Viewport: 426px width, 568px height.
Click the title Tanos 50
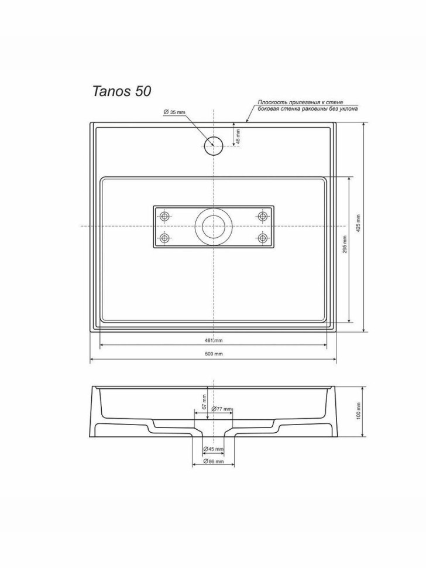122,91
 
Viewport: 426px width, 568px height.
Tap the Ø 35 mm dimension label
174,111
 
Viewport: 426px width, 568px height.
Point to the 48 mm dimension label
238,136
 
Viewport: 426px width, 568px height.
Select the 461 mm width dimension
213,340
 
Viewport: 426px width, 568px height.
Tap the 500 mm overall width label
213,354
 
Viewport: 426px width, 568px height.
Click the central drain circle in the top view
213,226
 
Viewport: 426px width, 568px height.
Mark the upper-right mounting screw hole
262,217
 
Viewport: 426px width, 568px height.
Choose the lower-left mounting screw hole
165,238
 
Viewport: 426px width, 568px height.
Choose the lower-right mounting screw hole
262,238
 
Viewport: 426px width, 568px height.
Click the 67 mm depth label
204,402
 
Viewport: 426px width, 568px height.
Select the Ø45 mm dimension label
213,449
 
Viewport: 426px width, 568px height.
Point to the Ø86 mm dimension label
213,461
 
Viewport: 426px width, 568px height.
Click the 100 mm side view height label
358,411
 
